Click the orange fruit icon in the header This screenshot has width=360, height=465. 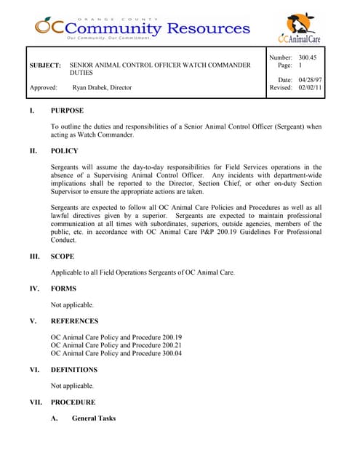pyautogui.click(x=45, y=25)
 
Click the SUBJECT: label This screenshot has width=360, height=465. pyautogui.click(x=45, y=65)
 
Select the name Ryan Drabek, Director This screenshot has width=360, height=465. pyautogui.click(x=102, y=87)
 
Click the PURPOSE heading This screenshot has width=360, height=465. pyautogui.click(x=67, y=110)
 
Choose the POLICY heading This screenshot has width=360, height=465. pyautogui.click(x=64, y=151)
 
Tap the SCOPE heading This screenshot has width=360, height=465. pyautogui.click(x=63, y=256)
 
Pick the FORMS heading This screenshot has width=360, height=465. pyautogui.click(x=64, y=288)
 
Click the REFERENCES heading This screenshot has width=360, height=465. pyautogui.click(x=74, y=320)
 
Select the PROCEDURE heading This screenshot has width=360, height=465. pyautogui.click(x=73, y=402)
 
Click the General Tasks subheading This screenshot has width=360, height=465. pyautogui.click(x=94, y=418)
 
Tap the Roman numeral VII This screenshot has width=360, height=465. pyautogui.click(x=34, y=402)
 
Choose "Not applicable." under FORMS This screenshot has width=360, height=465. pyautogui.click(x=72, y=304)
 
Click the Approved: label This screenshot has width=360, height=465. pyautogui.click(x=44, y=87)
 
